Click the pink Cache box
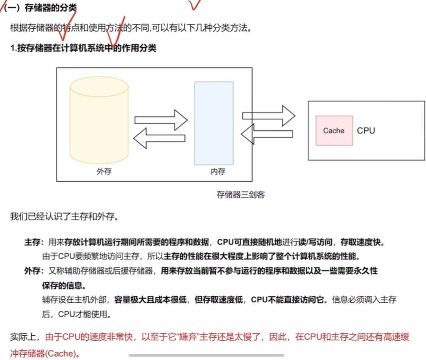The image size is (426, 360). coord(334,131)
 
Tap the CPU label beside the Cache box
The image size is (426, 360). coord(366,131)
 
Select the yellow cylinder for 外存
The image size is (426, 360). coord(99,120)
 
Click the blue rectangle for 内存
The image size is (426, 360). coord(214,123)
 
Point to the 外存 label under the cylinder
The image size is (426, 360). coord(104,171)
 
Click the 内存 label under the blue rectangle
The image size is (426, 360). coord(218,171)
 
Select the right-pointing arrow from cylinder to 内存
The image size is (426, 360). coord(161,120)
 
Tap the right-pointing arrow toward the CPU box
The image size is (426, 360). coord(269,115)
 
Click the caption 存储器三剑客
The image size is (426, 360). coord(240,195)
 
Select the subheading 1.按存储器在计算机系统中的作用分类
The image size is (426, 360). coord(83,48)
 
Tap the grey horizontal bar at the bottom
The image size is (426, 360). coord(206,355)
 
